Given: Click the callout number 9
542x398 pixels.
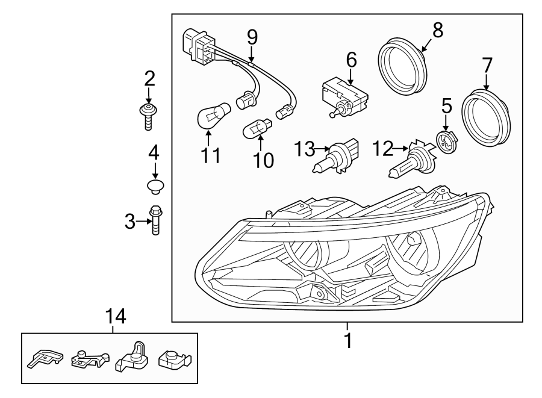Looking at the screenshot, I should pyautogui.click(x=252, y=37).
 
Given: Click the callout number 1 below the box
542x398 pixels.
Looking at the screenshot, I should pyautogui.click(x=347, y=341).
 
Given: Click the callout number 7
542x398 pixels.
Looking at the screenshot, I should pyautogui.click(x=487, y=65).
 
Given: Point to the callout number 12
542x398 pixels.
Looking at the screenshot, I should pyautogui.click(x=383, y=147).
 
